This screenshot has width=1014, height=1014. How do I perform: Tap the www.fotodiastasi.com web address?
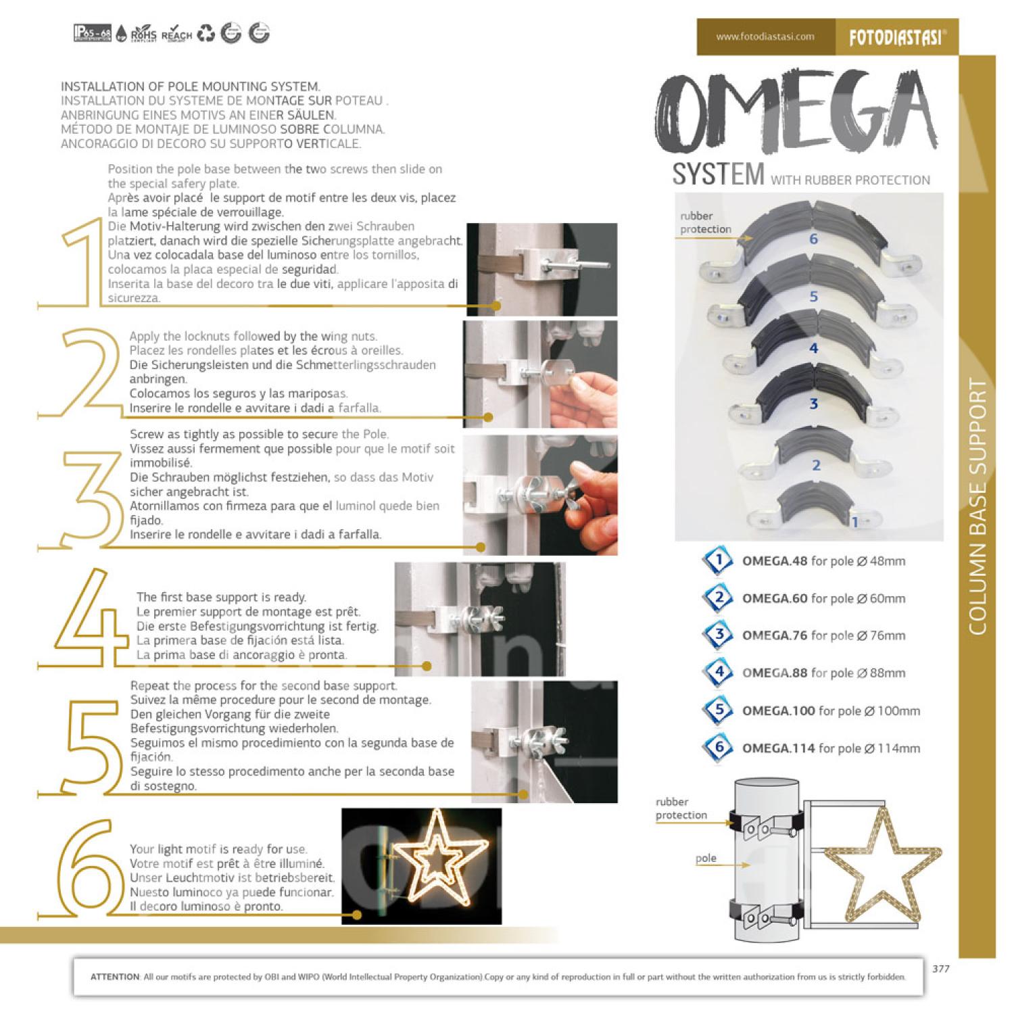coord(765,37)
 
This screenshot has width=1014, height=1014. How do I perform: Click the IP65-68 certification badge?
coord(93,33)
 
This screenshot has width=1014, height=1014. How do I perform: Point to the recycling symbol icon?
coord(206,33)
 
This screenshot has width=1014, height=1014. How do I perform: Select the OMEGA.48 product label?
coord(775,560)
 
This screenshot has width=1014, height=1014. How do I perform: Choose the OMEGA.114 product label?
coord(779,748)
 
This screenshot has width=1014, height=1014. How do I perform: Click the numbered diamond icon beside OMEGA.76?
coord(718,635)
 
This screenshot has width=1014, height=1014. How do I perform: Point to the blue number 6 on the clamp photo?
coord(813,239)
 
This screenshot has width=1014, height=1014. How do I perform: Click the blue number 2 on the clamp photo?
coord(816,465)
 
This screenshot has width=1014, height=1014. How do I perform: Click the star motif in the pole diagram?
coord(882,859)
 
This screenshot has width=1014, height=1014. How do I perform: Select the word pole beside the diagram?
coord(706,858)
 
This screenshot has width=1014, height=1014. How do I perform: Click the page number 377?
coord(940,968)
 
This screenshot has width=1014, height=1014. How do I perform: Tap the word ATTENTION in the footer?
coord(115,977)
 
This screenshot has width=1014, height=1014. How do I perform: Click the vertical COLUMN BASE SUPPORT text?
coord(977,507)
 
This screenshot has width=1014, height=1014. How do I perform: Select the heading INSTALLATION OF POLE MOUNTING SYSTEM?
coord(191,87)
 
